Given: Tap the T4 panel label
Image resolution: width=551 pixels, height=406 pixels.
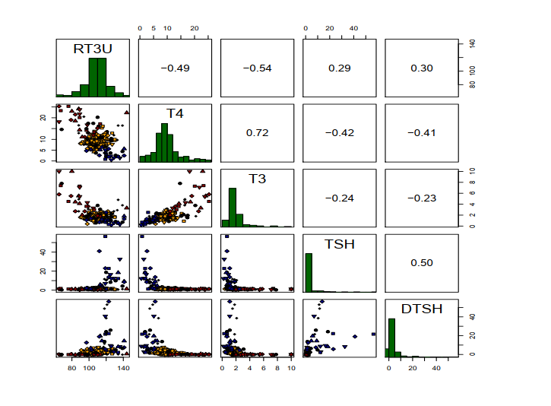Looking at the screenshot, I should point(175,113).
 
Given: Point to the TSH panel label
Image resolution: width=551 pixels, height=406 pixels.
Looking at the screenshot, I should point(339,245).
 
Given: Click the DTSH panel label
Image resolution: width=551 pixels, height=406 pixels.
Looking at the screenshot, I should point(422,309).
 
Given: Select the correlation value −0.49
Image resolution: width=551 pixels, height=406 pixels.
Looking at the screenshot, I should point(175,68).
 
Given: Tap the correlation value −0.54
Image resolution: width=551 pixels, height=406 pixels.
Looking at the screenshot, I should point(258,68).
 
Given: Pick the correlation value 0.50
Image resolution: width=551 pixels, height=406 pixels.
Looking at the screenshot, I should point(422,263).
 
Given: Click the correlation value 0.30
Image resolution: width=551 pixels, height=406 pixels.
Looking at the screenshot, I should point(422,68).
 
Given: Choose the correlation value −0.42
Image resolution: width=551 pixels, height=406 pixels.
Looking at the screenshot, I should point(339,132).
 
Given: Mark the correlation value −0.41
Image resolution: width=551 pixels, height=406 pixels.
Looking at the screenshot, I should point(422,132).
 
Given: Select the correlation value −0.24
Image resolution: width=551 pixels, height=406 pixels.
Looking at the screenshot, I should point(339,198).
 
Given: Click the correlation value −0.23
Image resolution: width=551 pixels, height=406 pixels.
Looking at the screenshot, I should point(422,198).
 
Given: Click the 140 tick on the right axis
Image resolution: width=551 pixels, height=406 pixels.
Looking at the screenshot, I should point(471,44).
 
